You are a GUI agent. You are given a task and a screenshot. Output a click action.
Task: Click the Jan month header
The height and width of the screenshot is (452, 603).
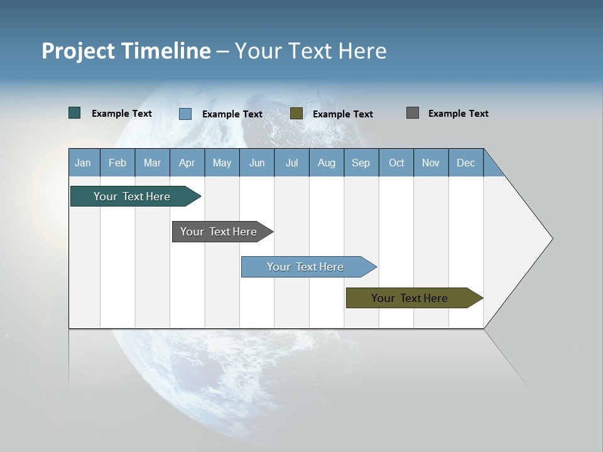point(83,163)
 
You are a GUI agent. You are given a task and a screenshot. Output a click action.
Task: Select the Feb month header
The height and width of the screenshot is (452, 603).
point(117,163)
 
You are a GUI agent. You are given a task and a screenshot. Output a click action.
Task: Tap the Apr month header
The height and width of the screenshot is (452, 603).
point(187,163)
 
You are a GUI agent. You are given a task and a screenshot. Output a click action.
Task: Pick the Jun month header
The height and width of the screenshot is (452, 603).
point(257,163)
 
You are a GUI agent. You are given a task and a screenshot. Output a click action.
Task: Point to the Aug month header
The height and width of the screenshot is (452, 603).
point(327,163)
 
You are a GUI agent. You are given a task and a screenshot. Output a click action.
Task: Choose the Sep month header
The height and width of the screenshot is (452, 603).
point(361,163)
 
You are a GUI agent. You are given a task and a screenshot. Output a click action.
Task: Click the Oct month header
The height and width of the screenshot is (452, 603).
point(396,163)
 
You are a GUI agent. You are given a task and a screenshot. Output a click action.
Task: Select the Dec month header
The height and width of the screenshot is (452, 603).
point(466,163)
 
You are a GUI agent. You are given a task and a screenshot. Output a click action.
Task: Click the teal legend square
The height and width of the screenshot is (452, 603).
point(75,113)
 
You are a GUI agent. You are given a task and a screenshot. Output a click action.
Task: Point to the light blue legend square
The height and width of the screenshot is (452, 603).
point(185,114)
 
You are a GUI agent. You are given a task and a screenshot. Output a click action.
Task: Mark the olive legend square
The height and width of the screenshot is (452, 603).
point(296,113)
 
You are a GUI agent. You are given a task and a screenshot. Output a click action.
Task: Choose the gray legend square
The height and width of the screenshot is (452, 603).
point(413,113)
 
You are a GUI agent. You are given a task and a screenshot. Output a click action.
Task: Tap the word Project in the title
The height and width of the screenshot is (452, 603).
point(78,51)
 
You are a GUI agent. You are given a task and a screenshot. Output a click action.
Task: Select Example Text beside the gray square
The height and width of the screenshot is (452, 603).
point(458,114)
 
